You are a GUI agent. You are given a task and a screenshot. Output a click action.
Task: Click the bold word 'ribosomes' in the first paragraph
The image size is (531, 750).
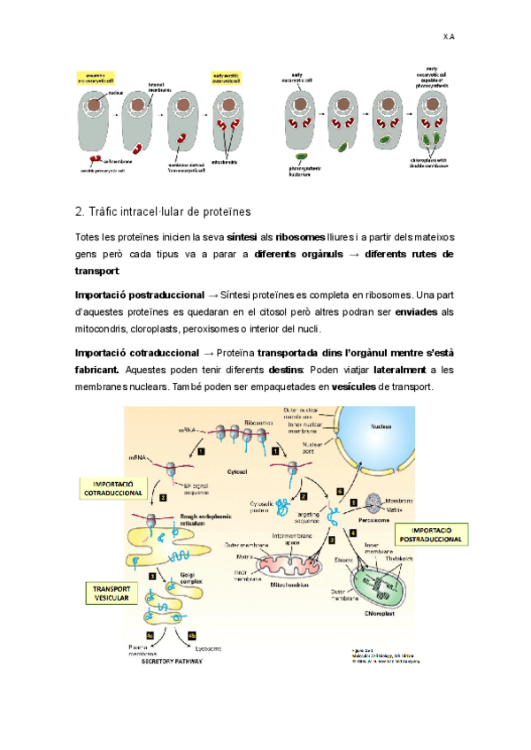click(301, 238)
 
